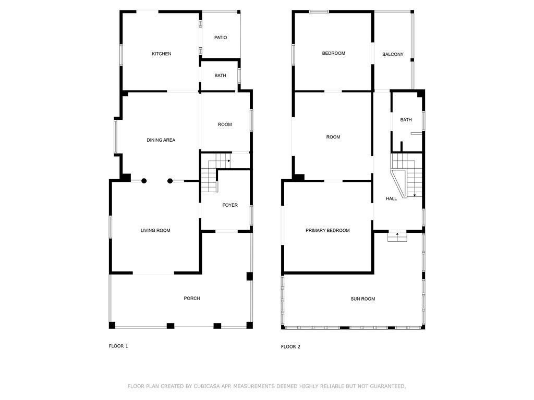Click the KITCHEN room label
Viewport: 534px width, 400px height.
(162, 54)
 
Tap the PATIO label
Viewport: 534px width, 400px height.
(221, 37)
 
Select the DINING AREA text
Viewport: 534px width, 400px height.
(161, 140)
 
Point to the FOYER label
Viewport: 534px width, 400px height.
(230, 205)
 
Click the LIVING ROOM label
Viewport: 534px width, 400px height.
(155, 230)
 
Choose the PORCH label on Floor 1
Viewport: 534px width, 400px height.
(192, 298)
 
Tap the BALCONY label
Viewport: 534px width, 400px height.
(393, 54)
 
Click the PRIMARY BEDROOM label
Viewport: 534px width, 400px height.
(327, 230)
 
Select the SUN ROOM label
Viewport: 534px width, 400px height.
(363, 299)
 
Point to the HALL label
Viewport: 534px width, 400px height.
(391, 198)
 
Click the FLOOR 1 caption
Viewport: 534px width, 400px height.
(118, 346)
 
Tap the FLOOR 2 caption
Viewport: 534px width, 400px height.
(290, 346)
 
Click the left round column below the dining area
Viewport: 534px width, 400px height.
(144, 181)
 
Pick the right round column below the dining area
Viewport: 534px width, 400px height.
(170, 181)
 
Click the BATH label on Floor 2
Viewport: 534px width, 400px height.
(406, 120)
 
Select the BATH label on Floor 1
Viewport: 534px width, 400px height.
(221, 76)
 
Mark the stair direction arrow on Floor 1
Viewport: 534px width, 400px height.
(229, 160)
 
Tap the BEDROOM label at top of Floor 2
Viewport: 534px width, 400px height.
(333, 53)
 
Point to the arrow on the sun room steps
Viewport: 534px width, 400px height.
(397, 234)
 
